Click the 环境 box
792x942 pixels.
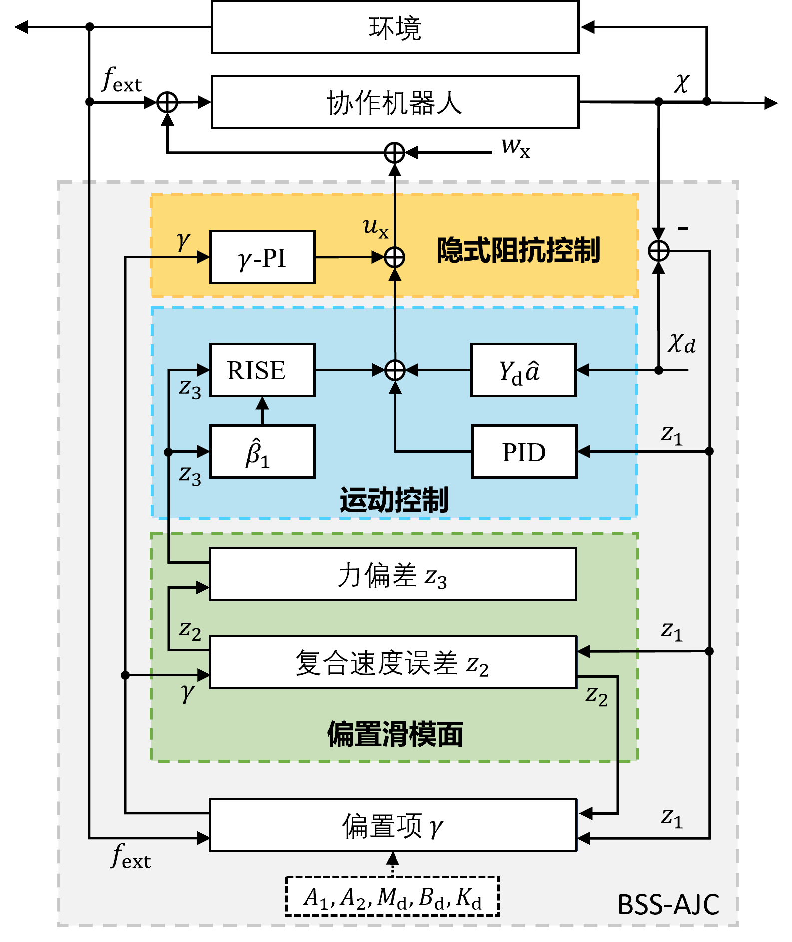click(395, 27)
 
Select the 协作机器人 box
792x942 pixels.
click(395, 102)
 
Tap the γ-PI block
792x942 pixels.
click(262, 257)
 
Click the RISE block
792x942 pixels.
click(262, 370)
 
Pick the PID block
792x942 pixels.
click(524, 452)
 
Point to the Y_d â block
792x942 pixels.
click(523, 370)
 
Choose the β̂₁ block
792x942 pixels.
click(262, 452)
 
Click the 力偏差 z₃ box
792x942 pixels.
click(393, 574)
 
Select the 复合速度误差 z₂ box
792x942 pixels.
click(393, 662)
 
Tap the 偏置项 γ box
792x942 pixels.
click(393, 825)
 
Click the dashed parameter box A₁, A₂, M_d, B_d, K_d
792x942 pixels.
click(393, 896)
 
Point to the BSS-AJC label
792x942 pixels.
click(668, 904)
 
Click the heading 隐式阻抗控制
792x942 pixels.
click(518, 250)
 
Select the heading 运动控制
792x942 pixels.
click(394, 500)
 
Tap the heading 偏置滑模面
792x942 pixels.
click(395, 734)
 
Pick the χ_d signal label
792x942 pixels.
click(682, 344)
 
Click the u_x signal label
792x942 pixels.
click(375, 228)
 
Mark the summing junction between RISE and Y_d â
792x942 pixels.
click(395, 370)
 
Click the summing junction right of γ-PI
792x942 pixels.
click(395, 257)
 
